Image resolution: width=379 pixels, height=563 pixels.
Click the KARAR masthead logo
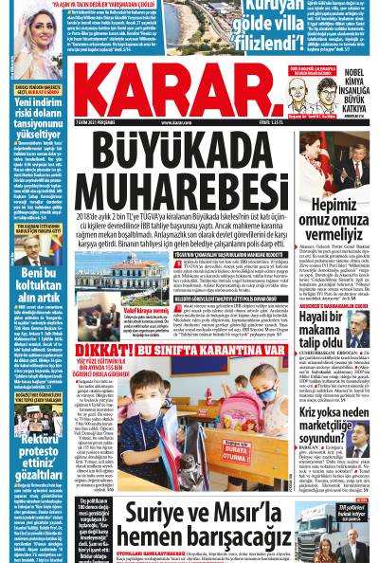pos(189,104)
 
